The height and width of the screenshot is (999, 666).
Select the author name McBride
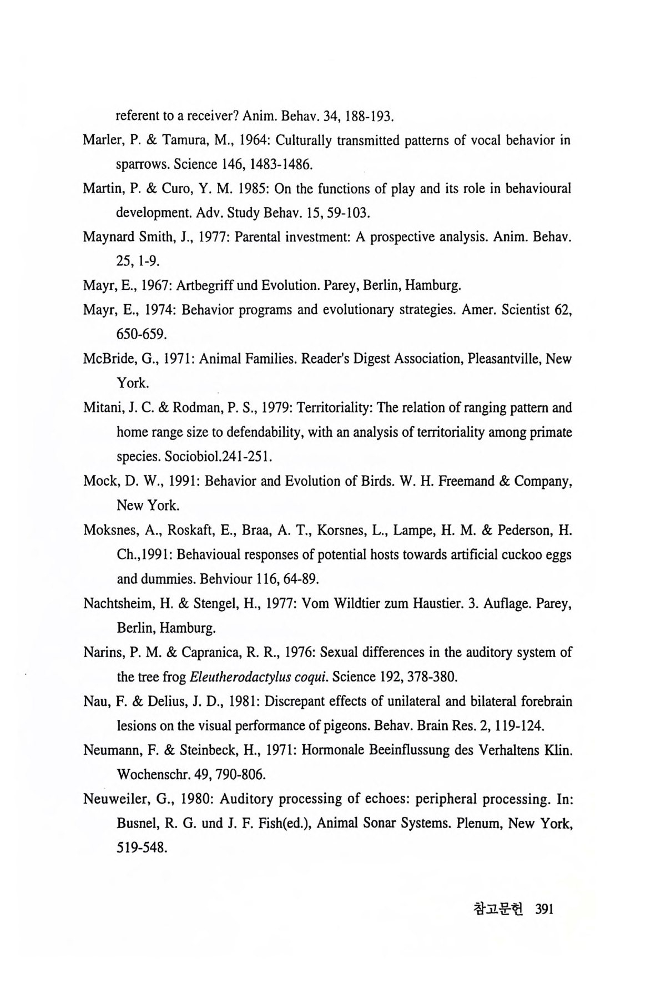click(x=108, y=359)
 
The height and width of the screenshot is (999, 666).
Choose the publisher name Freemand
click(x=473, y=481)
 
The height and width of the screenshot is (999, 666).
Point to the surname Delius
click(x=166, y=702)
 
